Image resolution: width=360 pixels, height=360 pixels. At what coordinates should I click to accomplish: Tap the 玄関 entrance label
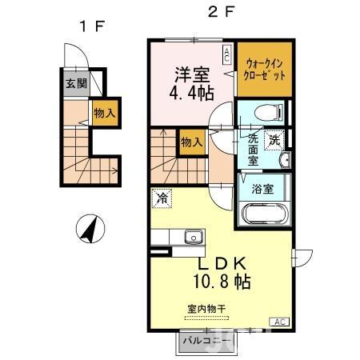coord(76,82)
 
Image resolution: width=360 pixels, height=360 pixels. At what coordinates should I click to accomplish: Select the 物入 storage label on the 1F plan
coord(104,113)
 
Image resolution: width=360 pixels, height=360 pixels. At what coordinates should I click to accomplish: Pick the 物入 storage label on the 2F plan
coord(190,142)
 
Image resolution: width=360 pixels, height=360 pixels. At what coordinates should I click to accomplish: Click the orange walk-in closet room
coord(264,68)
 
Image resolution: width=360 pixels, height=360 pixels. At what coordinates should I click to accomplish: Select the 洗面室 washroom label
coord(253,149)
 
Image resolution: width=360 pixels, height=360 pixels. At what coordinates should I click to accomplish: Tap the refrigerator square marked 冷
coord(162,198)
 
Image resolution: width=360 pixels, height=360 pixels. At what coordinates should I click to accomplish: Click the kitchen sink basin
coord(192,236)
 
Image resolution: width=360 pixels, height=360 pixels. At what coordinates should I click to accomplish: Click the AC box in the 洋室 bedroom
coord(227,54)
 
